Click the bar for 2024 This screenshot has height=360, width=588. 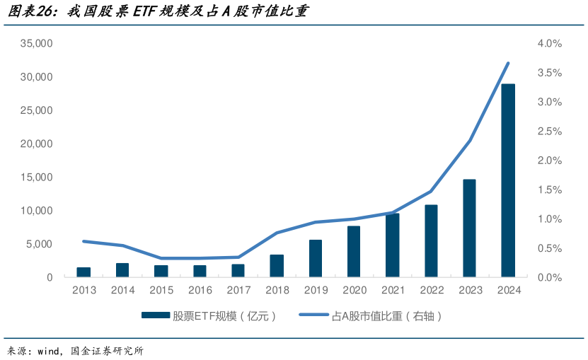508,180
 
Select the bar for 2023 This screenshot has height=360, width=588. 469,228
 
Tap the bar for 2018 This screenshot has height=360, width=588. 277,265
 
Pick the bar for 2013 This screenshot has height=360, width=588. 83,272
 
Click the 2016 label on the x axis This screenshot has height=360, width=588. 200,290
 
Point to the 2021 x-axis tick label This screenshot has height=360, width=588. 392,290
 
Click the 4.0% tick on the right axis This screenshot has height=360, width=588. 549,43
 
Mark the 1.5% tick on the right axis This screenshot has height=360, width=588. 549,190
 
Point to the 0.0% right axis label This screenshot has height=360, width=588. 549,277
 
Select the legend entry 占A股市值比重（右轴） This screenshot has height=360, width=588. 386,316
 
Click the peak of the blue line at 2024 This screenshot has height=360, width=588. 508,63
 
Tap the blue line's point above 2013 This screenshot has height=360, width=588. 83,241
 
